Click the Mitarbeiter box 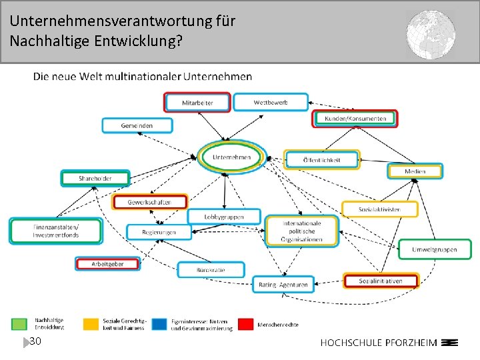(197, 103)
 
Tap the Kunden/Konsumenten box (355, 119)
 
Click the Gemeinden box (137, 125)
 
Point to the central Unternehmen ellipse (231, 157)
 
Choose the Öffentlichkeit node (321, 160)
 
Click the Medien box (414, 171)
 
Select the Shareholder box (95, 179)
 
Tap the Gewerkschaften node (149, 202)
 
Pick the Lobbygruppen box (224, 217)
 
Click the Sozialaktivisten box (379, 209)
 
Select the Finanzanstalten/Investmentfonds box (56, 231)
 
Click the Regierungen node (159, 232)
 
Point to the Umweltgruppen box (434, 249)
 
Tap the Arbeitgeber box (107, 264)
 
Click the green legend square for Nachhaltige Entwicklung (20, 323)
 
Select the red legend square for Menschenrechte (246, 323)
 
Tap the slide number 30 (35, 341)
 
